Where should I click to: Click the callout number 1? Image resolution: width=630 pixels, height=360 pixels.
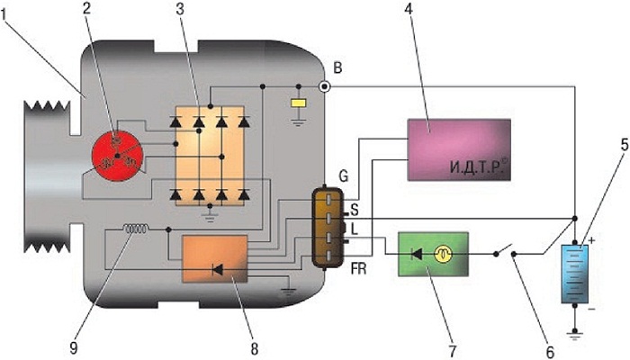click(x=4, y=15)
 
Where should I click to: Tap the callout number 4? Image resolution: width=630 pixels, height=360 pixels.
click(x=409, y=10)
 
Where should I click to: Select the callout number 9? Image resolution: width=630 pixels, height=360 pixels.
click(x=75, y=348)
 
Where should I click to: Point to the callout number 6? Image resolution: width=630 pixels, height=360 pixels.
click(x=550, y=352)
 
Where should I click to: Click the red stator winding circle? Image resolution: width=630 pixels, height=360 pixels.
click(x=117, y=156)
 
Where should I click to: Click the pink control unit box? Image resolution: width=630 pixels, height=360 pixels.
click(x=459, y=150)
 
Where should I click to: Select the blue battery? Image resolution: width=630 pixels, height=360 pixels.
click(x=574, y=274)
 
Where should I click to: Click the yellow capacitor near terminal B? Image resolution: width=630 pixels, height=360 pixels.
click(x=299, y=103)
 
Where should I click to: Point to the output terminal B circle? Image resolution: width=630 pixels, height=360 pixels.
click(x=324, y=86)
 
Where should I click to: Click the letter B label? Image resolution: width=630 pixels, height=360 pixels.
click(x=337, y=67)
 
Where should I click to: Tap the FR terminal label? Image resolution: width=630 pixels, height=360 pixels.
click(x=358, y=269)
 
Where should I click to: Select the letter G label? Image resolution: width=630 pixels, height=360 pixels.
click(x=344, y=176)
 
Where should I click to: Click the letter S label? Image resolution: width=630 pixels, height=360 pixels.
click(x=355, y=210)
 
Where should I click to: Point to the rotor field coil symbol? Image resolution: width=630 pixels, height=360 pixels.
click(x=135, y=229)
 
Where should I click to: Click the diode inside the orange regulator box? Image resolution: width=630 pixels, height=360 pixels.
click(x=218, y=270)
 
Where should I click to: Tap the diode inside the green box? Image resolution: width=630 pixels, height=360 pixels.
click(x=416, y=254)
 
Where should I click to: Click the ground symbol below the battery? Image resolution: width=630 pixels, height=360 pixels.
click(x=575, y=333)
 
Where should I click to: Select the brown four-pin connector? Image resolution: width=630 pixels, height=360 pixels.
click(x=328, y=228)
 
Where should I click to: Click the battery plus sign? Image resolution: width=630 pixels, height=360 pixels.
click(x=591, y=240)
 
